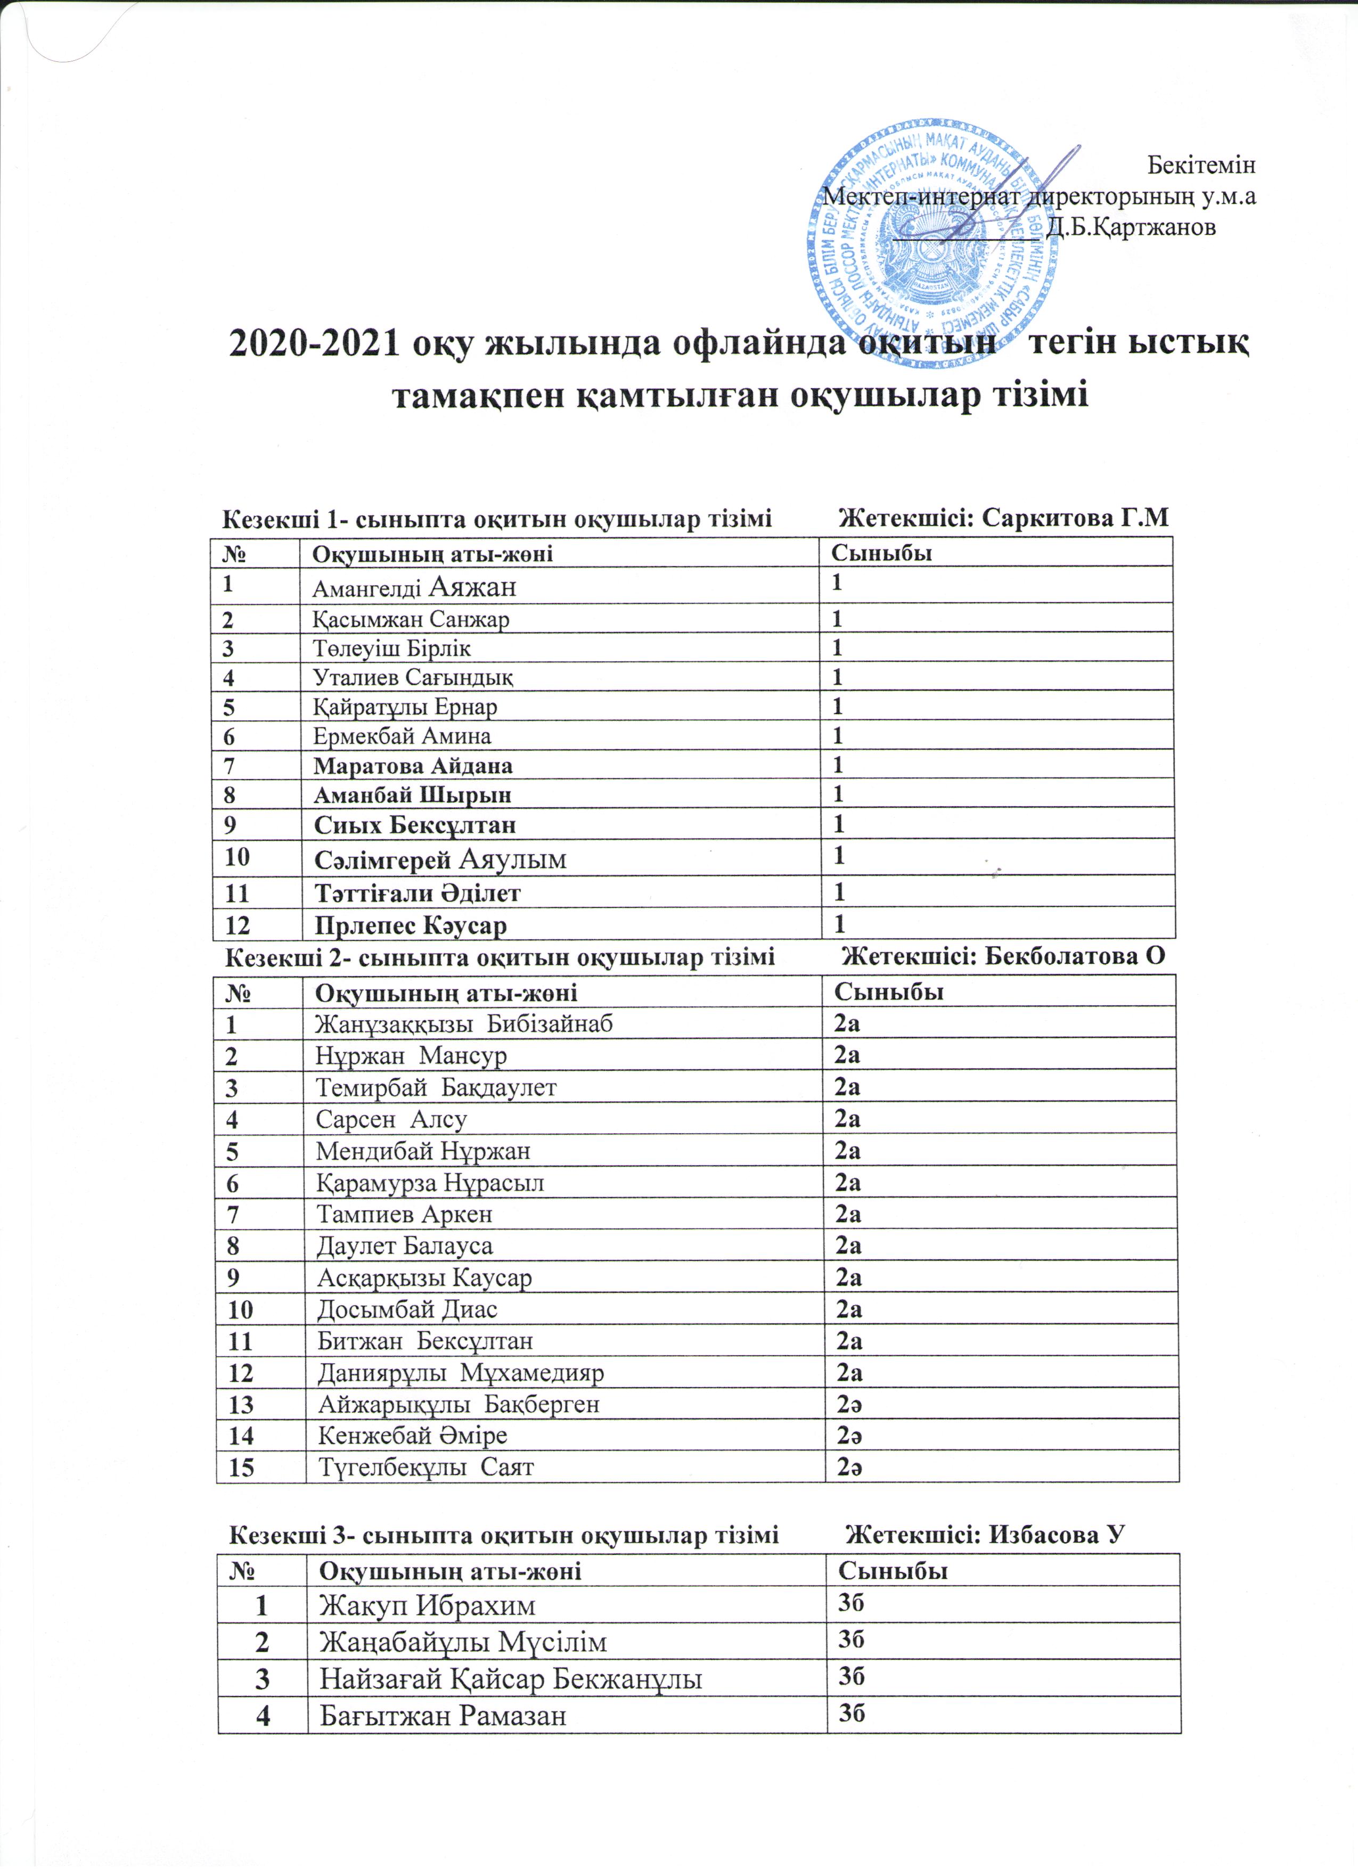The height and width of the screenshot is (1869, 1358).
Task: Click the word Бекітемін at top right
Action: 1201,166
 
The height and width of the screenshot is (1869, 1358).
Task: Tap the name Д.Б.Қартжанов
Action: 1131,227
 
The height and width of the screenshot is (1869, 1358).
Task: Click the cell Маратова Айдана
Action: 413,766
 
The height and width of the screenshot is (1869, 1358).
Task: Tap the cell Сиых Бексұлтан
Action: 415,824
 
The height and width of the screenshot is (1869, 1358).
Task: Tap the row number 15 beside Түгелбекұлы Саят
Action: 241,1468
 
